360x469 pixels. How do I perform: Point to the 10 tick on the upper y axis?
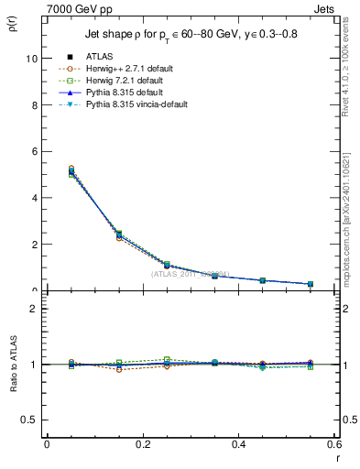click(32, 58)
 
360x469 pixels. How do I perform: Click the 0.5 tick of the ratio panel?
click(32, 420)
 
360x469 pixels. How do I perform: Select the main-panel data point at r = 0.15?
click(119, 235)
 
